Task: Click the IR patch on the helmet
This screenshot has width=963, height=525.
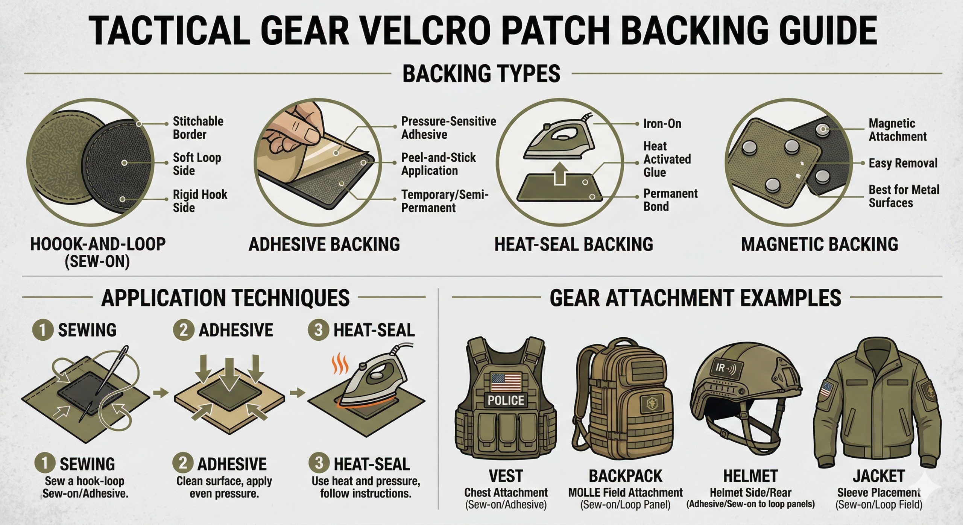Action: pyautogui.click(x=725, y=368)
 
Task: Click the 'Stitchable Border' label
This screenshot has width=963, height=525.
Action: pyautogui.click(x=198, y=128)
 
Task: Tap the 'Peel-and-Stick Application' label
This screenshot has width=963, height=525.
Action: pyautogui.click(x=438, y=164)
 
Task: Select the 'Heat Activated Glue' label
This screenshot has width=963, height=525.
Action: pyautogui.click(x=667, y=159)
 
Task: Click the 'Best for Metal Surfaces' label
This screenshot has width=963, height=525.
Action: pyautogui.click(x=904, y=196)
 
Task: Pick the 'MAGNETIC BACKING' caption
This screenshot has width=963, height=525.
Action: pyautogui.click(x=819, y=244)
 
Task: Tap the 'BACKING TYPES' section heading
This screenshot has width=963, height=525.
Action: pyautogui.click(x=481, y=74)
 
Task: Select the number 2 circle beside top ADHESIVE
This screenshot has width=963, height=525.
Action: pyautogui.click(x=183, y=330)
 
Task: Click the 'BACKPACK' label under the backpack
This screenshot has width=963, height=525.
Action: pyautogui.click(x=625, y=476)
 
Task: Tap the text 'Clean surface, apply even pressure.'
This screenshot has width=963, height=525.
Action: pyautogui.click(x=224, y=487)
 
